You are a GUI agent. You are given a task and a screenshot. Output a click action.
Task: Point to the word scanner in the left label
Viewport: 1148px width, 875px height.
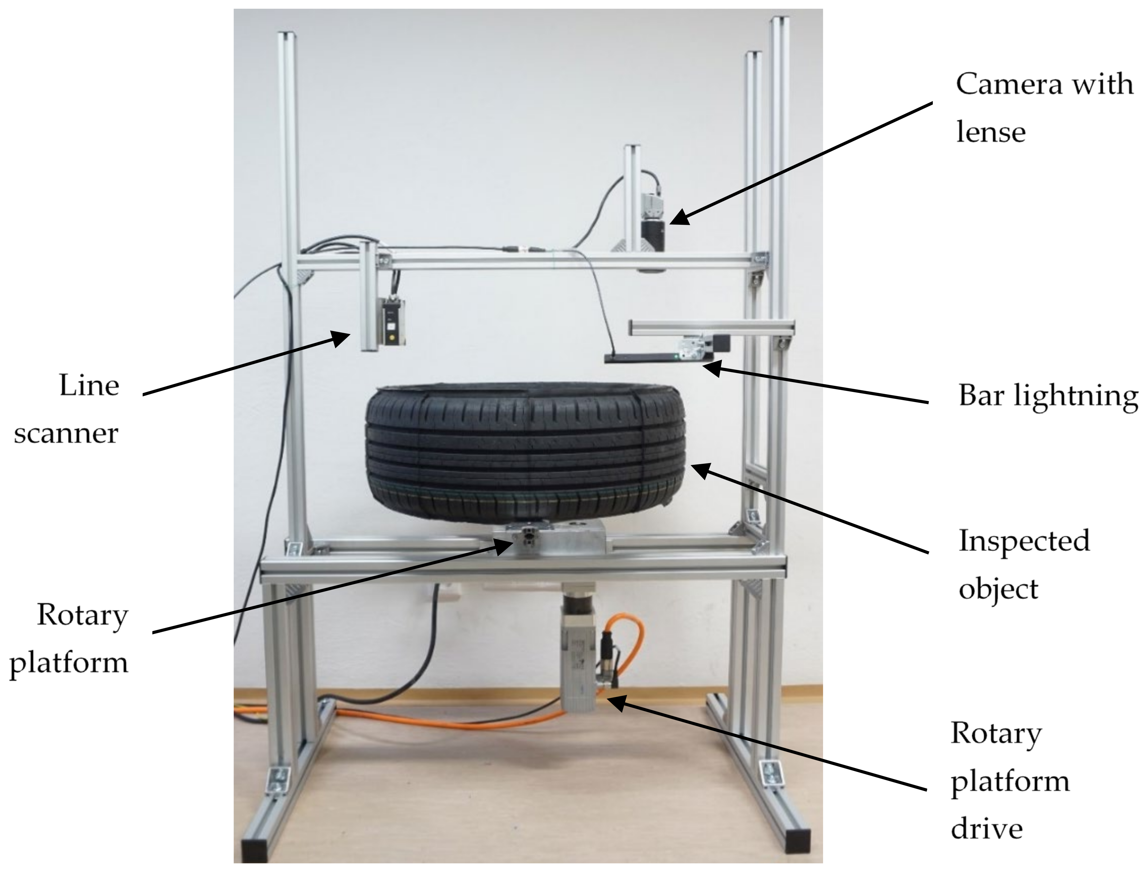(66, 433)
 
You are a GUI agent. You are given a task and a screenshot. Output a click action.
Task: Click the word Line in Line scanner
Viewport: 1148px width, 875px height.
(89, 386)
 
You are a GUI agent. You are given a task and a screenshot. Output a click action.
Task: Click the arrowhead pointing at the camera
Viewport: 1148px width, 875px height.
(677, 219)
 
